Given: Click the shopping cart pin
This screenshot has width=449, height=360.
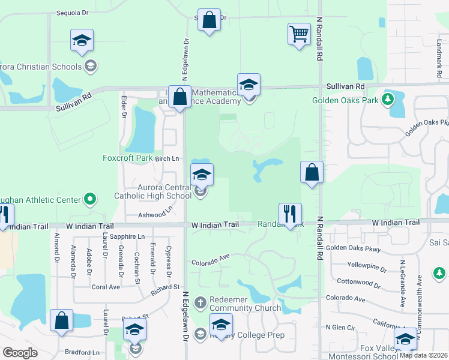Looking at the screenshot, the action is (298, 34).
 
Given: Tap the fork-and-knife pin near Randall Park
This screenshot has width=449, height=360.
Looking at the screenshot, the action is (290, 214).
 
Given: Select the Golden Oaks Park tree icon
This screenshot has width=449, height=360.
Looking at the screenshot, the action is (388, 99).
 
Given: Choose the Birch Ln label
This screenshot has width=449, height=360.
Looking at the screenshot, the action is (167, 158).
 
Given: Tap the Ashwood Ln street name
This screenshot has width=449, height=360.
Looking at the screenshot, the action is (155, 213).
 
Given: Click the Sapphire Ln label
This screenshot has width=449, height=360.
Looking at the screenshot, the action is (132, 237).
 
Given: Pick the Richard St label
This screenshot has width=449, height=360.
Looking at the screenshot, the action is (166, 288).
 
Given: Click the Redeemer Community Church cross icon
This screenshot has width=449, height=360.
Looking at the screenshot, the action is (200, 301).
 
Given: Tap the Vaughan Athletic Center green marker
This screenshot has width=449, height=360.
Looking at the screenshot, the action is (90, 198).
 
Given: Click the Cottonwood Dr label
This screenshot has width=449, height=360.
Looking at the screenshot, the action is (360, 281).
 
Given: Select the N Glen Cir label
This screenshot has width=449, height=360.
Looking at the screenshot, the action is (340, 327).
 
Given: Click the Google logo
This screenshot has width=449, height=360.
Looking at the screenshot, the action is (20, 353).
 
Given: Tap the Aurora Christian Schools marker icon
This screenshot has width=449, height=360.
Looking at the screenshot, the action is (91, 65).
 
